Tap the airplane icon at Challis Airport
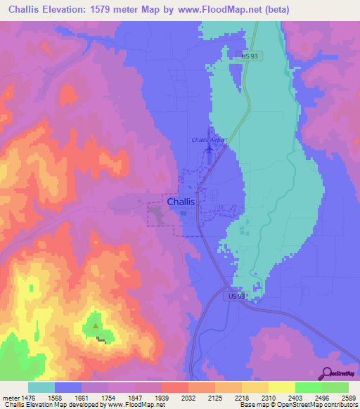pyautogui.click(x=210, y=148)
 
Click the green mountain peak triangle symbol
pyautogui.click(x=96, y=325)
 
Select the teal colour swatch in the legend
pyautogui.click(x=41, y=387)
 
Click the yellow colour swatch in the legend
pyautogui.click(x=281, y=387)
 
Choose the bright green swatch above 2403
pyautogui.click(x=308, y=387)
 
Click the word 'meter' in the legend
pyautogui.click(x=11, y=397)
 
